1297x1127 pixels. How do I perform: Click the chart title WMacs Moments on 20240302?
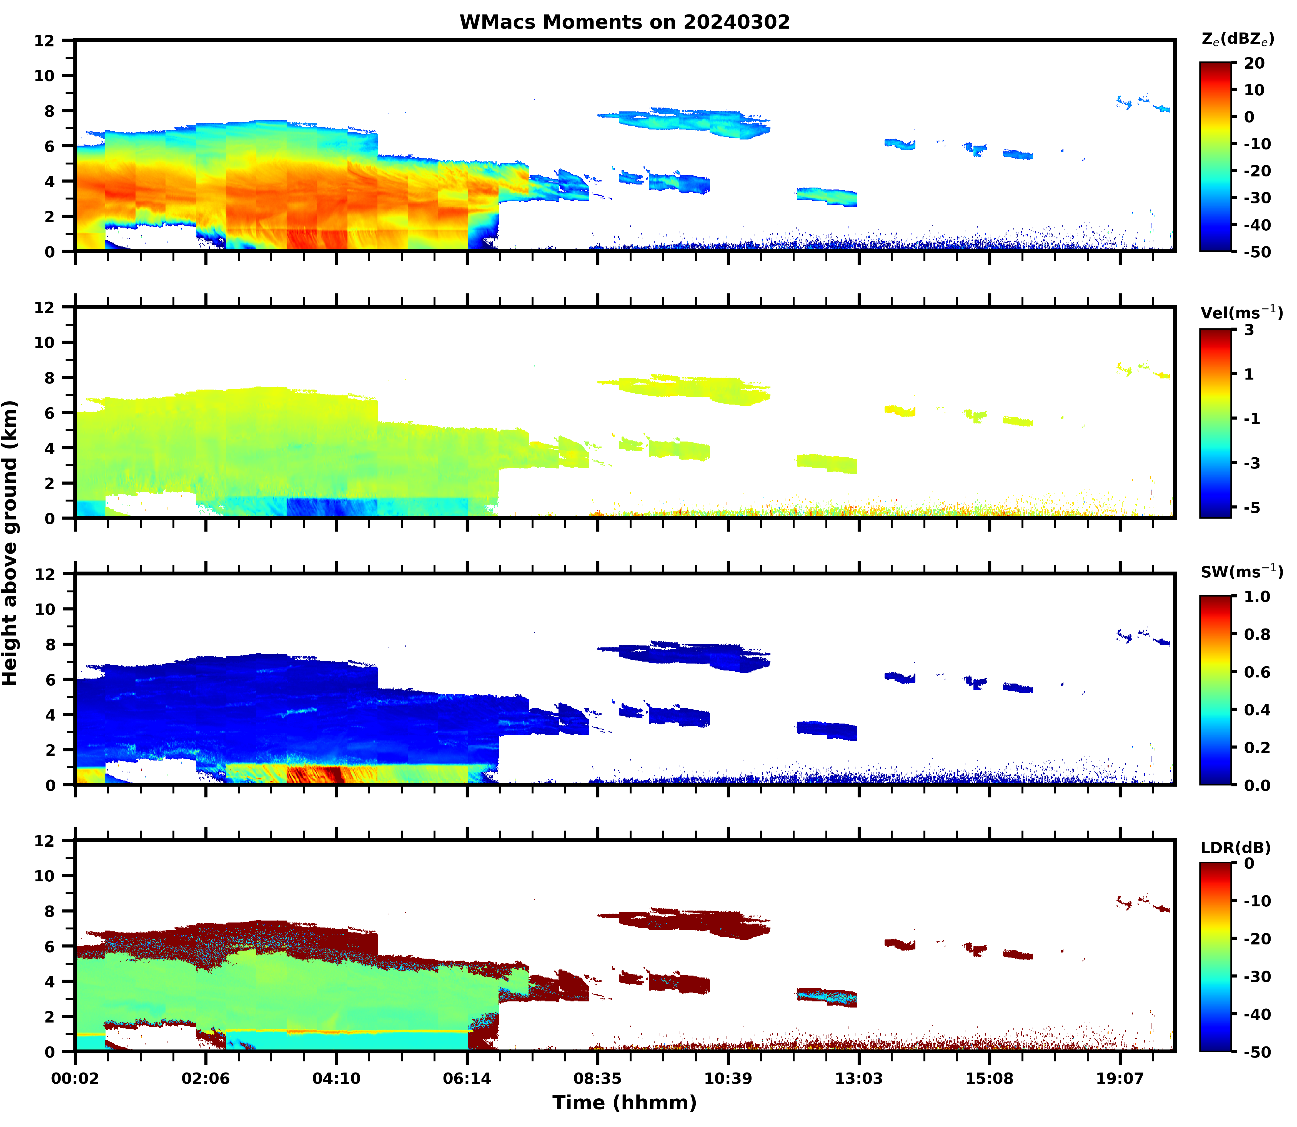(x=624, y=22)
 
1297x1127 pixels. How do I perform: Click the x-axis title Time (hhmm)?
(x=624, y=1103)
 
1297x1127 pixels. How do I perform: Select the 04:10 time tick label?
(x=336, y=1079)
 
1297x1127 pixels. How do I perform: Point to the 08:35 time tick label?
(x=597, y=1079)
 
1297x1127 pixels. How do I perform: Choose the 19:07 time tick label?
(x=1120, y=1079)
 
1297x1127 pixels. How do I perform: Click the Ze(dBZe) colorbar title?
(x=1237, y=39)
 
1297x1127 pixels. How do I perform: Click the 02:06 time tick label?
(x=206, y=1079)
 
